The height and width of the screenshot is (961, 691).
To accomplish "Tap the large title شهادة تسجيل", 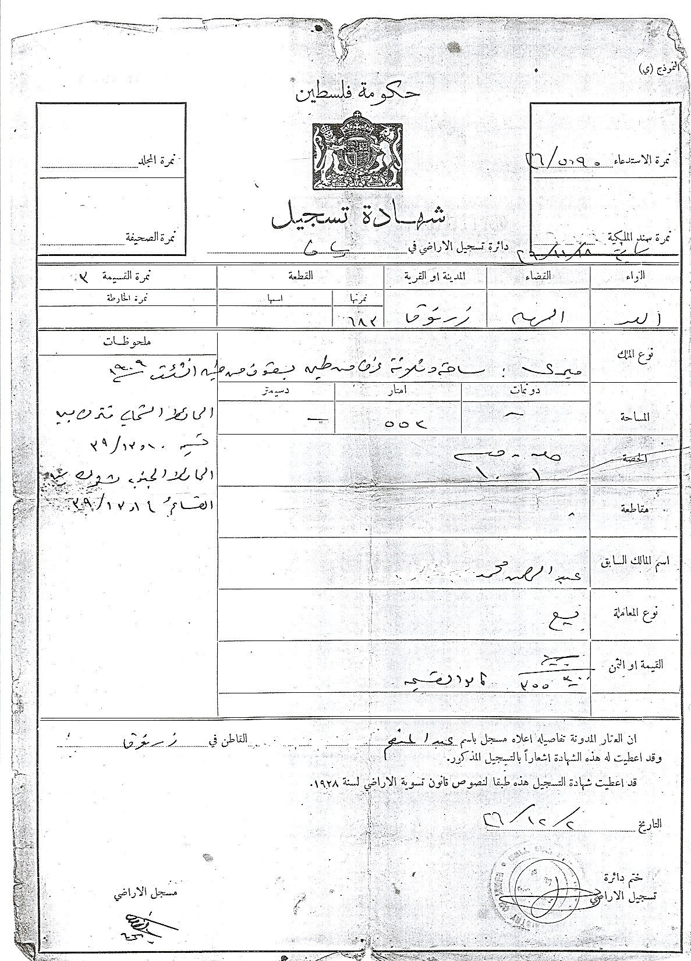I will [x=359, y=217].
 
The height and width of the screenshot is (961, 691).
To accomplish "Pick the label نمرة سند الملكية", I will [x=639, y=237].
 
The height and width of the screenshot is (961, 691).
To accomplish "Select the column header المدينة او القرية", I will [x=434, y=276].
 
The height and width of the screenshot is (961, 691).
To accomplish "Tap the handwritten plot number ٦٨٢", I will [x=359, y=319].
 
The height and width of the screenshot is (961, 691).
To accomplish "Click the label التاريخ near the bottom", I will [x=649, y=825].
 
